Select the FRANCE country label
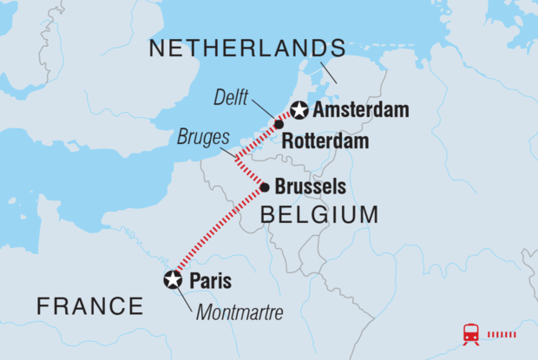coord(89,305)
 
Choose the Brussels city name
coord(310,187)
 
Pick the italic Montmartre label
coord(240,313)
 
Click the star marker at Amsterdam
coord(299,110)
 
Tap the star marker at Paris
coord(174,279)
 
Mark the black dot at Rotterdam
coord(279,124)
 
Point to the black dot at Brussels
coord(264,186)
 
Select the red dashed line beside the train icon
coord(502,334)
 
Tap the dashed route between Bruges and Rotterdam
coord(258,141)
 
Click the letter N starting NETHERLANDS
coord(156,49)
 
